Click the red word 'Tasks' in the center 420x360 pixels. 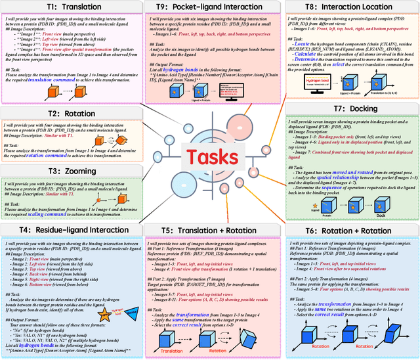point(211,158)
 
